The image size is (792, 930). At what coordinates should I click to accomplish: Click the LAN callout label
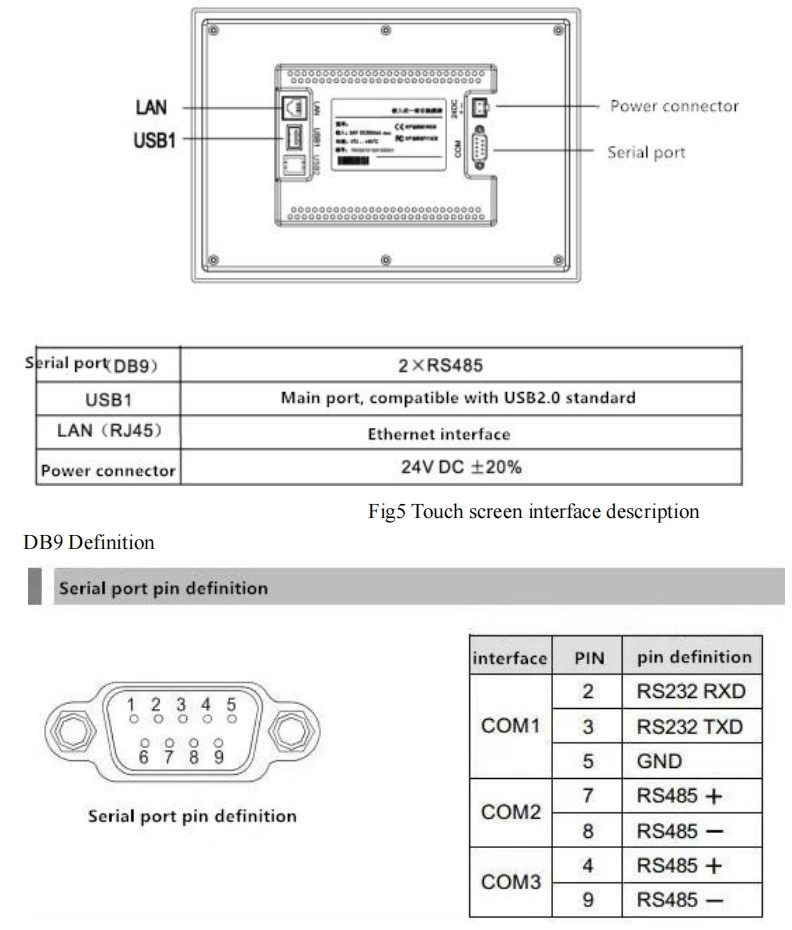[x=151, y=107]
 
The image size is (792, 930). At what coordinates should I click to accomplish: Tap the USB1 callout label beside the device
[x=154, y=140]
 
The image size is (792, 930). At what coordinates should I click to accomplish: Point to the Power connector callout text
[x=674, y=106]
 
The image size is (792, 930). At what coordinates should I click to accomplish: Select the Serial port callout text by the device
[x=646, y=152]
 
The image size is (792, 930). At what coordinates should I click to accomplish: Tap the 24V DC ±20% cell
[x=461, y=467]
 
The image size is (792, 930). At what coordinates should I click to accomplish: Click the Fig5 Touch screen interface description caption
[x=533, y=512]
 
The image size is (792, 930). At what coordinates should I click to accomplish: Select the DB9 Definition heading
[x=88, y=542]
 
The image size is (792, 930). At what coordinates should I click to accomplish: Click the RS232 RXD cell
[x=691, y=691]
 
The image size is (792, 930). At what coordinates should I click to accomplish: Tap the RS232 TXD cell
[x=690, y=726]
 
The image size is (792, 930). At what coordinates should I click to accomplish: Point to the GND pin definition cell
[x=659, y=761]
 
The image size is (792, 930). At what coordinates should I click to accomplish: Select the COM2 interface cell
[x=510, y=812]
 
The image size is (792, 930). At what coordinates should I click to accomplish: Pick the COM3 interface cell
[x=510, y=882]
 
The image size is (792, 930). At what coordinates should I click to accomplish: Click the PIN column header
[x=588, y=657]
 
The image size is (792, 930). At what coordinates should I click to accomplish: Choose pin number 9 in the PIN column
[x=588, y=900]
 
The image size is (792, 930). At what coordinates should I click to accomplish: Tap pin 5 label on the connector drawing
[x=231, y=704]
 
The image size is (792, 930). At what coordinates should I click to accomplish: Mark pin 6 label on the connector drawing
[x=144, y=756]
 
